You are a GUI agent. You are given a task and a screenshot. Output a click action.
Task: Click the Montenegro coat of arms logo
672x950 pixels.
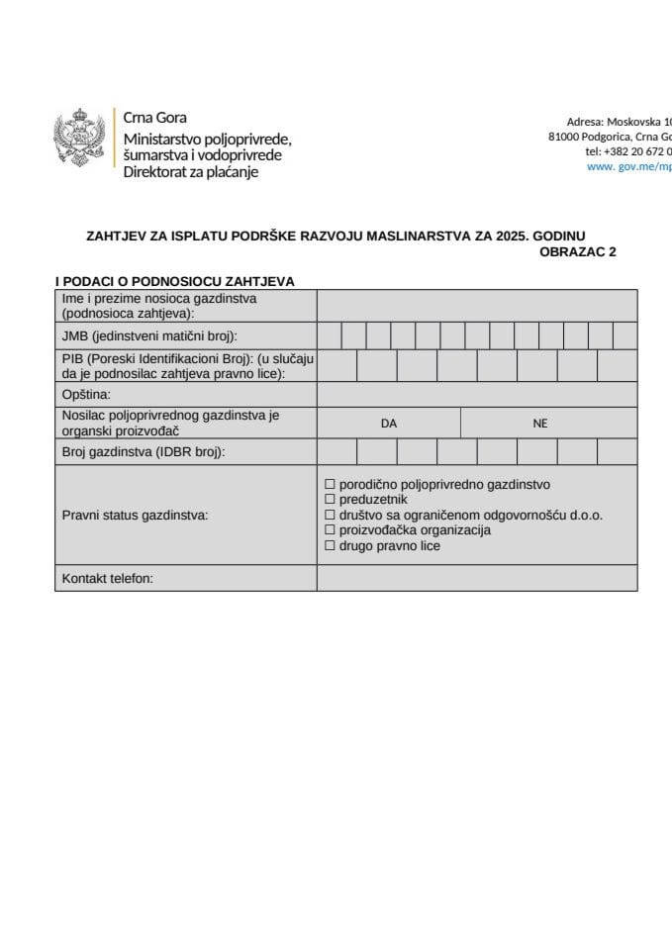[x=79, y=142]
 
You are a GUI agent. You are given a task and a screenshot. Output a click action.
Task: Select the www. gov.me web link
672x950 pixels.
[x=629, y=167]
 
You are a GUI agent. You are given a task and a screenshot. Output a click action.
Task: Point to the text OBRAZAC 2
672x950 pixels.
[x=578, y=252]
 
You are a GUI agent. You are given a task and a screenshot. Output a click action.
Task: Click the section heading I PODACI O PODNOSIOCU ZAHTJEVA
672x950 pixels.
[x=174, y=281]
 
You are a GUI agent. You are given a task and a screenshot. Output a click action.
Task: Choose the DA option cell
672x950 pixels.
[x=389, y=423]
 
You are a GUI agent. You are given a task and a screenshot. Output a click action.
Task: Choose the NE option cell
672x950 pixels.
[x=539, y=423]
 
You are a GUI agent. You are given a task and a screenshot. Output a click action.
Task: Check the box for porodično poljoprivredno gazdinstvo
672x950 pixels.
[x=331, y=485]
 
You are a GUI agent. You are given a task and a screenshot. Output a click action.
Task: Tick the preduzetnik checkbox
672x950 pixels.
[x=331, y=500]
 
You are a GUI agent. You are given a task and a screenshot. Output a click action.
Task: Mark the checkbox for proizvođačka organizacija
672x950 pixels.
[x=331, y=530]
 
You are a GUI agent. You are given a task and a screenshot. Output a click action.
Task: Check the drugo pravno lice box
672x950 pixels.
[x=331, y=545]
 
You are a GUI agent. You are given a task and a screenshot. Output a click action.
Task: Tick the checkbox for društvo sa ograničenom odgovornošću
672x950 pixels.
[x=331, y=516]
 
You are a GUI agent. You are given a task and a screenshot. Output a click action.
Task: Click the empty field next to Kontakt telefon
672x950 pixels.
[x=477, y=578]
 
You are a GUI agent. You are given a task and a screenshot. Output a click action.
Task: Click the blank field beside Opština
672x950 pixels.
[x=477, y=394]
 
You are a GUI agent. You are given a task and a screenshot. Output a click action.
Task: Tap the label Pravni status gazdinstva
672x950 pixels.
[x=136, y=516]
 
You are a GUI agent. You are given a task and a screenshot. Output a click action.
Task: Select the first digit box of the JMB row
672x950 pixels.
[x=330, y=336]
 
